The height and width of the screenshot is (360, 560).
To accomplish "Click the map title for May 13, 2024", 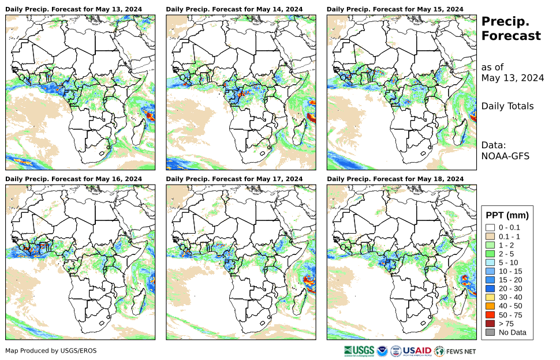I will point(73,9).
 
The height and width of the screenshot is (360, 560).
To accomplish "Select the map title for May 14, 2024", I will point(234,9).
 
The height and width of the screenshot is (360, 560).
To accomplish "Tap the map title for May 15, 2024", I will point(395,9).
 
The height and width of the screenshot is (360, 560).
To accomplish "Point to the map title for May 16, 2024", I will point(73,179).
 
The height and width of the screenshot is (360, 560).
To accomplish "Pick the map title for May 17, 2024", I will point(234,179).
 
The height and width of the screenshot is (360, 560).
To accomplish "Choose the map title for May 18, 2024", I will point(395,179).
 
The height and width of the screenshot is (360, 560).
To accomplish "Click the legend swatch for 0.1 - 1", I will point(490,236).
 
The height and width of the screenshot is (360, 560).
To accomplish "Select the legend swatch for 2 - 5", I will point(490,253).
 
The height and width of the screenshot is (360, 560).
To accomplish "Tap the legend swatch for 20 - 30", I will point(490,288).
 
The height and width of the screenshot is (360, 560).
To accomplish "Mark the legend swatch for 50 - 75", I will point(490,314).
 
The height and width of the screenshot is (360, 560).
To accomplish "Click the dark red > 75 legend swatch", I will point(490,324).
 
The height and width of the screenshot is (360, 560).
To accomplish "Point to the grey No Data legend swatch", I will point(490,332).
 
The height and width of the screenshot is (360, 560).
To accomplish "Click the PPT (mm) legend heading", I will point(507,216).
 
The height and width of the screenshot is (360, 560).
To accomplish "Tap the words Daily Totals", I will point(507,106).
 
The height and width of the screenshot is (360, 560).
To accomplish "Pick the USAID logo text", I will point(416,350).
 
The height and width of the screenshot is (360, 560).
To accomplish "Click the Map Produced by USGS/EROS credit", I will point(51,351).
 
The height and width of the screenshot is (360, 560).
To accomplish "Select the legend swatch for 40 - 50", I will point(490,306).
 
